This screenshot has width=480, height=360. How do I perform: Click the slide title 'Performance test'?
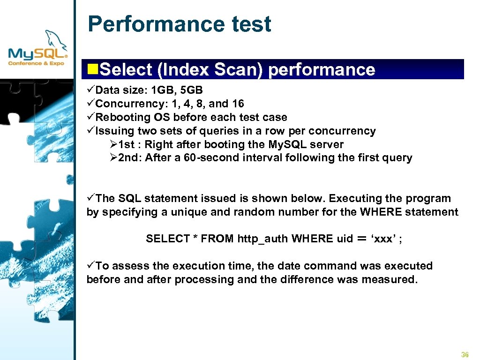pos(179,24)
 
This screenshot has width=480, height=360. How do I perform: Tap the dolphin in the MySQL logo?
pos(55,39)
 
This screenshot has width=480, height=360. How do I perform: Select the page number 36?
pos(465,354)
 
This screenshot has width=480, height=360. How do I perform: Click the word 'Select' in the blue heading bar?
pos(126,69)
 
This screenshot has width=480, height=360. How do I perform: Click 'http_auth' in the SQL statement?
pos(263,239)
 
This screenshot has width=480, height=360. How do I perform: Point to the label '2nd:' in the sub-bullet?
pos(129,158)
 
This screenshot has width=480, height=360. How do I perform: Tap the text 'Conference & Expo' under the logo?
pos(37,62)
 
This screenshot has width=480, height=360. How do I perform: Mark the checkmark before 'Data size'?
pos(91,90)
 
